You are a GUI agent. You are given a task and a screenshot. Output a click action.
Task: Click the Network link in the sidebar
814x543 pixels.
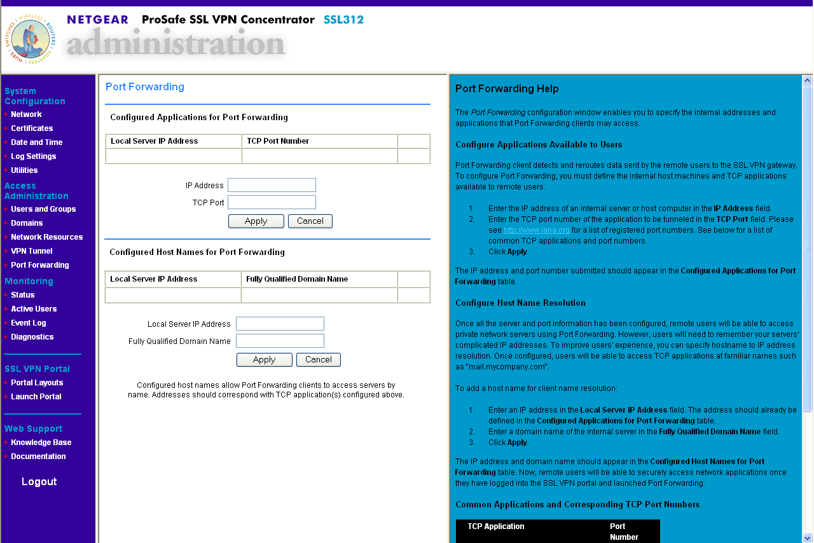click(x=26, y=114)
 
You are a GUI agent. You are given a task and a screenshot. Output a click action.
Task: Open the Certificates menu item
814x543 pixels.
click(x=32, y=128)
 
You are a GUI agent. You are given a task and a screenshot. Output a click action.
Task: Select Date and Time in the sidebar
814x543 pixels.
click(x=36, y=142)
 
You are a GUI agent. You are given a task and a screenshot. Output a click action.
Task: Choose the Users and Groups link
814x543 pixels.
click(x=43, y=209)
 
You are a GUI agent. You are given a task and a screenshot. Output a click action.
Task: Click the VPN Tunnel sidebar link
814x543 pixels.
click(x=32, y=251)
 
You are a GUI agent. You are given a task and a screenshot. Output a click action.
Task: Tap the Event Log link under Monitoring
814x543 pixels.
click(x=29, y=323)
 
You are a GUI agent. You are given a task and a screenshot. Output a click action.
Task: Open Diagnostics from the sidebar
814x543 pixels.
click(x=32, y=337)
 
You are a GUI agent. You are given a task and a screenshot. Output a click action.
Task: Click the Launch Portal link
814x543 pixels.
click(x=36, y=397)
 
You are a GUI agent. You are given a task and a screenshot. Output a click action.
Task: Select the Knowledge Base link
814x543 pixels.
click(x=41, y=443)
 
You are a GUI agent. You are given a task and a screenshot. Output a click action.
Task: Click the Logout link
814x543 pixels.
click(x=39, y=481)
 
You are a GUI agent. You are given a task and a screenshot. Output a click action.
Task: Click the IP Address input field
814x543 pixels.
click(x=272, y=185)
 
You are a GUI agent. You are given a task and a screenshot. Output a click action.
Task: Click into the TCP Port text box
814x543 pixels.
click(x=272, y=202)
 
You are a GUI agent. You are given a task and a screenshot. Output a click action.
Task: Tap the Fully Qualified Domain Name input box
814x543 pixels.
click(x=280, y=341)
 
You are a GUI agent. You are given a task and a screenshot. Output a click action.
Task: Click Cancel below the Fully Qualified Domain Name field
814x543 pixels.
click(x=318, y=360)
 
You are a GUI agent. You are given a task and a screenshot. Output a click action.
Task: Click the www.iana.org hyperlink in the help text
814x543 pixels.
click(x=537, y=230)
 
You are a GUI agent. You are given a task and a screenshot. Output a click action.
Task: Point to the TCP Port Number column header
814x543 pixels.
click(x=278, y=141)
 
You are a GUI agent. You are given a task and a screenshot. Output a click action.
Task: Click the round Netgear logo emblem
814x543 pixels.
click(x=30, y=39)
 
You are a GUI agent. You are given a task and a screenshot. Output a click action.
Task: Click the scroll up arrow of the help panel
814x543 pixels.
click(x=808, y=81)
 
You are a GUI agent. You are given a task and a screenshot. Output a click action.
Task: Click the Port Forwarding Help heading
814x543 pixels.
click(x=507, y=89)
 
